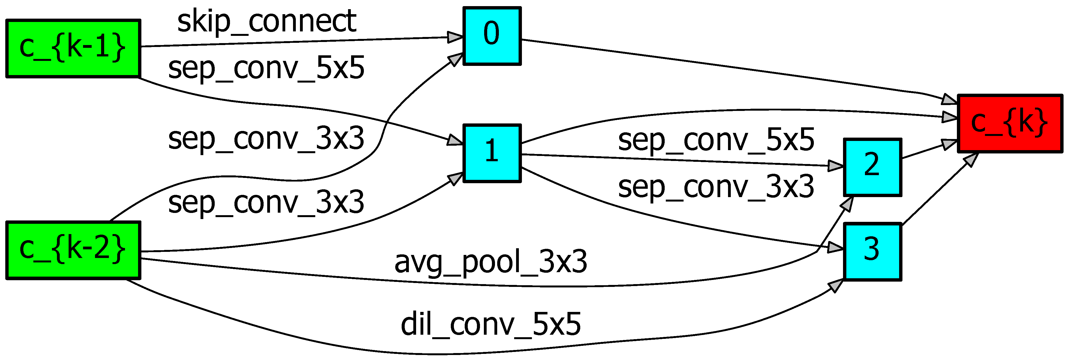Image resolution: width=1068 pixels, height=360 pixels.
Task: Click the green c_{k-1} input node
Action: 73,48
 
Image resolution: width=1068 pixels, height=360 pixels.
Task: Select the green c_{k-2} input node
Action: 73,250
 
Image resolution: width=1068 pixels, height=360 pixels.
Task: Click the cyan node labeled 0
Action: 492,36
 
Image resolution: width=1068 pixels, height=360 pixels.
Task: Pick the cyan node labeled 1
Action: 492,153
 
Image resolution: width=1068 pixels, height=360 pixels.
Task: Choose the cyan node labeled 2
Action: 872,167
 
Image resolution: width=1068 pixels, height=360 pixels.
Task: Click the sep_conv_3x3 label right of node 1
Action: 716,186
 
